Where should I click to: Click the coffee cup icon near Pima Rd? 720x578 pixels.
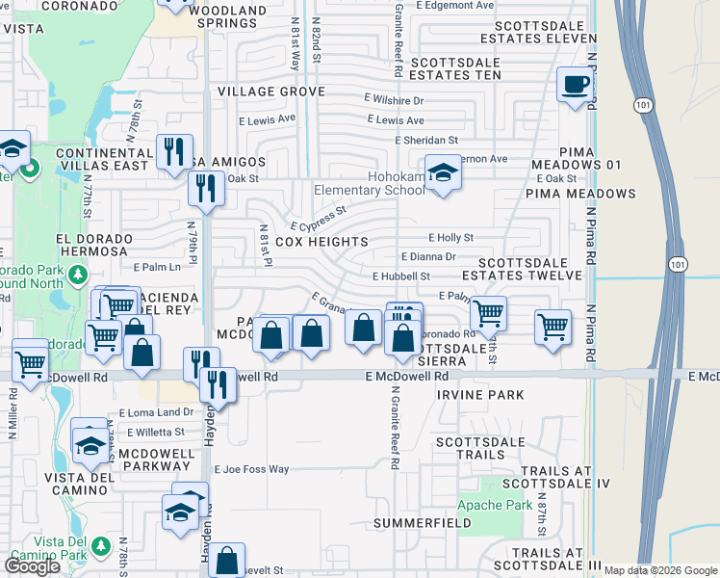576,84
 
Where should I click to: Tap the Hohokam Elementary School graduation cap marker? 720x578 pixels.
442,174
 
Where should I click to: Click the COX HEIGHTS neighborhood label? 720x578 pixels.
321,242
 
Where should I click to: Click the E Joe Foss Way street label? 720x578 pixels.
251,469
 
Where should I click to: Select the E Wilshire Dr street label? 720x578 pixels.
394,99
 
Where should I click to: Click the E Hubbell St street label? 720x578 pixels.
400,276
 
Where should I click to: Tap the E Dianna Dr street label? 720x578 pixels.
427,256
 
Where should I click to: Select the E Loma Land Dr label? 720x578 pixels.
149,413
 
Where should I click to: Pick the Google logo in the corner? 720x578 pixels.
32,566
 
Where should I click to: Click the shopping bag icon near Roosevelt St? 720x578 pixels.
227,560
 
